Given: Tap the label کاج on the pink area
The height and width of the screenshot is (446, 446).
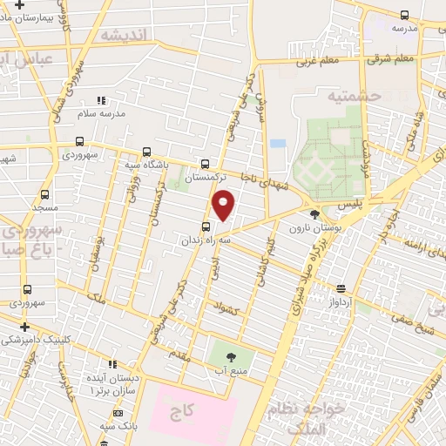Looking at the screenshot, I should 189,409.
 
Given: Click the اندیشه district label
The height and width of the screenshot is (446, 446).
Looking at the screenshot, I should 126,35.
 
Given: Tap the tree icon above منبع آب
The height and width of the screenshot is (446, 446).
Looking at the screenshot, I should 231,356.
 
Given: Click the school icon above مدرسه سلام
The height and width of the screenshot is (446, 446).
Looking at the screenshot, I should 101,100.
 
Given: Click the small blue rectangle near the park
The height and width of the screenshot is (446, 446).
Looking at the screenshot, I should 278,143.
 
